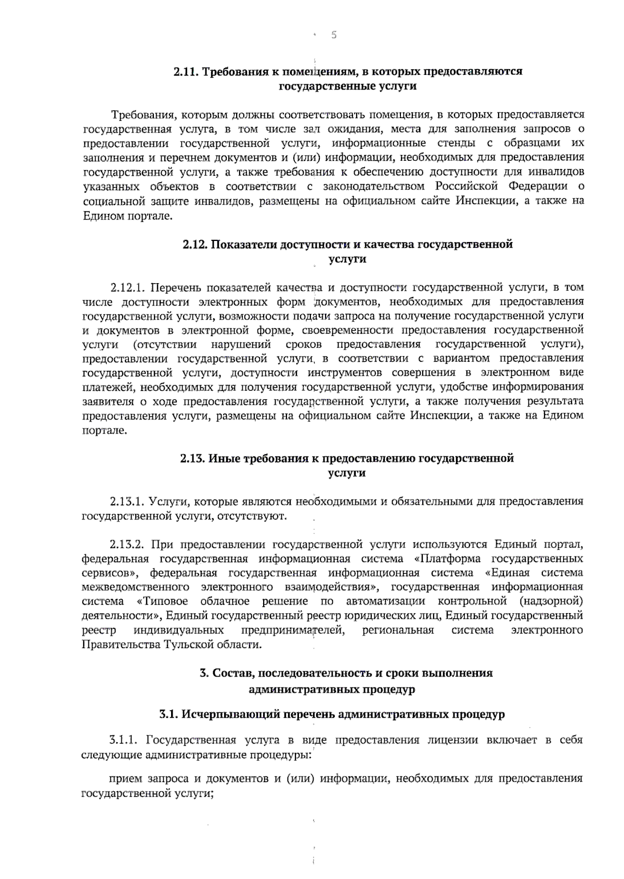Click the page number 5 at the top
[x=334, y=35]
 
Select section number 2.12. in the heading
[x=196, y=244]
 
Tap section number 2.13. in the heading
[x=193, y=458]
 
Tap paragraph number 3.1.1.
[x=125, y=740]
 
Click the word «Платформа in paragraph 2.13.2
[x=448, y=559]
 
